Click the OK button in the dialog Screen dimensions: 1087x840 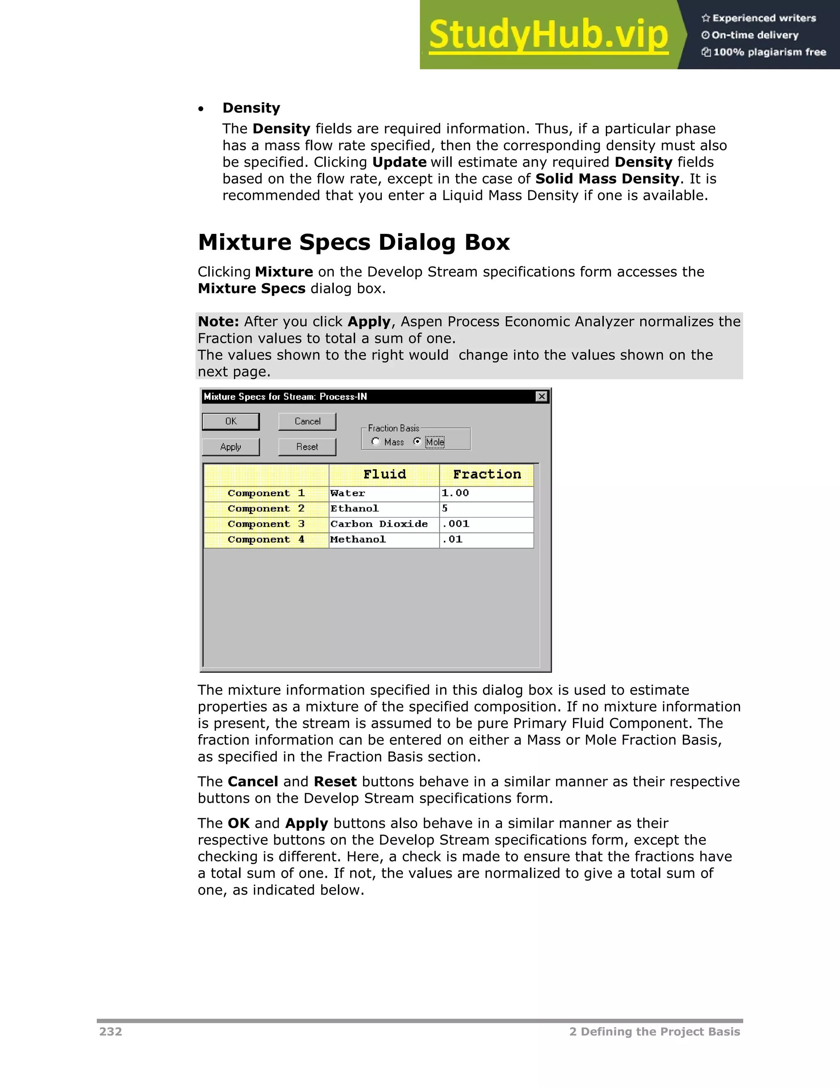coord(231,421)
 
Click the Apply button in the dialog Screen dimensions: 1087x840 coord(231,447)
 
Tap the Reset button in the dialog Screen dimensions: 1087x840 coord(307,447)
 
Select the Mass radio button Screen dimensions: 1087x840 coord(376,441)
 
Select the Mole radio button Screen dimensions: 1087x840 coord(418,441)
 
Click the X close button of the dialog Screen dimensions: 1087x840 coord(541,396)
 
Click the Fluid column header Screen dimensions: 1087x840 coord(384,474)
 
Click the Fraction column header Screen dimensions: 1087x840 coord(487,474)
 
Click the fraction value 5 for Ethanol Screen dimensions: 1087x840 coord(486,509)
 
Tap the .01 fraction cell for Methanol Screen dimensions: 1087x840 coord(486,539)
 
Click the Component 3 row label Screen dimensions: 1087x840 coord(266,524)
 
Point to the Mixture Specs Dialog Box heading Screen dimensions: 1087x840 coord(354,242)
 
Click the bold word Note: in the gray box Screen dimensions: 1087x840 coord(218,322)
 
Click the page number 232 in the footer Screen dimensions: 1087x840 coord(110,1032)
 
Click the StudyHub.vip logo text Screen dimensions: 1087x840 coord(548,35)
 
